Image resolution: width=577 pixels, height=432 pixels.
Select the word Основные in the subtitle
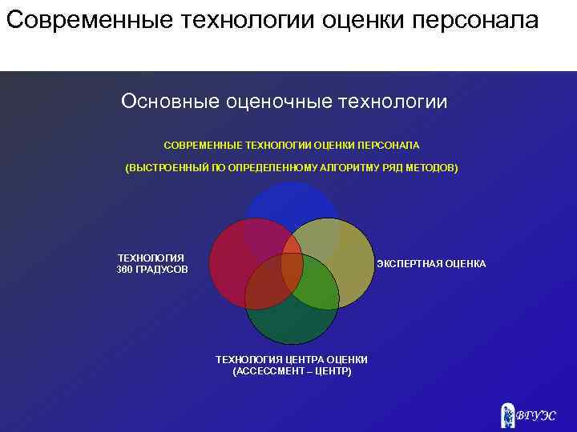tap(171, 102)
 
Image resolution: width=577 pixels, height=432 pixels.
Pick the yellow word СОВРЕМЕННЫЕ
tap(202, 146)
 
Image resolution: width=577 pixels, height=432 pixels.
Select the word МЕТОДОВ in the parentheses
tap(434, 169)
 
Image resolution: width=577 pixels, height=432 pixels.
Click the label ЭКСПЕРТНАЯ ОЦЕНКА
tap(431, 264)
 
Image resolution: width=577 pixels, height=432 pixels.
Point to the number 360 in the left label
tap(126, 270)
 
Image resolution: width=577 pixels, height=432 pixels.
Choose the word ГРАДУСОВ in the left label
tap(163, 270)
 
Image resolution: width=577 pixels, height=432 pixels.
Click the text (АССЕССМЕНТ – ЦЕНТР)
tap(292, 372)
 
